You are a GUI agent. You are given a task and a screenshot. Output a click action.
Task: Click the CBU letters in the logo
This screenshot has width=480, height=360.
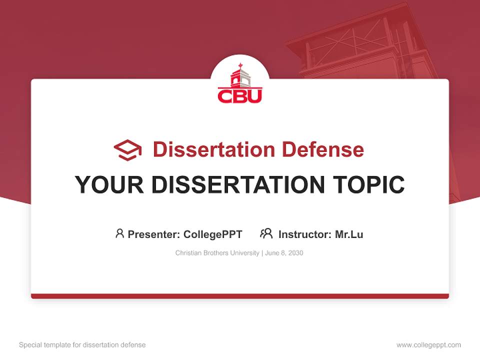point(239,95)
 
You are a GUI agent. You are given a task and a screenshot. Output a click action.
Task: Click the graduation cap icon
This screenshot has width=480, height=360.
point(127,150)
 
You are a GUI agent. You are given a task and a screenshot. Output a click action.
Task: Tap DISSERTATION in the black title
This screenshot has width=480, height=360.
point(238,185)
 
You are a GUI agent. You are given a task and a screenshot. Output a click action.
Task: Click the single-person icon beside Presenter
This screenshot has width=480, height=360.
point(119,233)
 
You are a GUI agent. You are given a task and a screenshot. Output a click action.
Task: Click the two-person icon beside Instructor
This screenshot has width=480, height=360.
point(266,233)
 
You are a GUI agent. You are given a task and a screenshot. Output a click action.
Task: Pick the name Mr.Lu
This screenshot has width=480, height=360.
point(349,234)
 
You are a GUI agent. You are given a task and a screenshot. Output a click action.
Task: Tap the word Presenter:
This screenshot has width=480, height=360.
point(154,234)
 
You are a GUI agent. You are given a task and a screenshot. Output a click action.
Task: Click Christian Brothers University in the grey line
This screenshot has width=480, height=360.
point(217,253)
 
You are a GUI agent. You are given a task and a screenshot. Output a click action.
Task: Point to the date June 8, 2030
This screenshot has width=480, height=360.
point(284,253)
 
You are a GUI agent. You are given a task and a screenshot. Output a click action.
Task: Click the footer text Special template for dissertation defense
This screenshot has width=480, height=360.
point(82,345)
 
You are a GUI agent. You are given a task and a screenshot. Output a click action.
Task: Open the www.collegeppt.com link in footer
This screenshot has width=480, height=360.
point(428,345)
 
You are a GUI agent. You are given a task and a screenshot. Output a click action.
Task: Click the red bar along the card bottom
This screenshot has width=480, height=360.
point(240,296)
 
